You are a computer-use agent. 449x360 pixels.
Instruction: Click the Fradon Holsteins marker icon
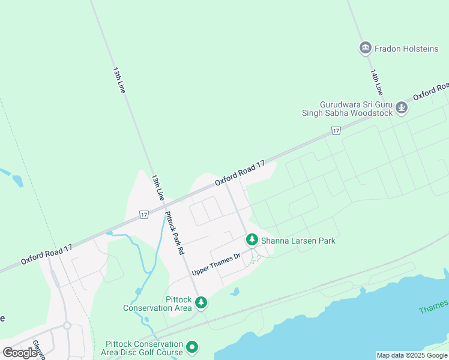click(366, 48)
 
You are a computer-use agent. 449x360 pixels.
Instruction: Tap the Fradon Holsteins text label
click(406, 49)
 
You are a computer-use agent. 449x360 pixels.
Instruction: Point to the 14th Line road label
click(376, 82)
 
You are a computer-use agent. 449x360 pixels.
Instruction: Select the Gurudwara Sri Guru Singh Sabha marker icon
click(402, 108)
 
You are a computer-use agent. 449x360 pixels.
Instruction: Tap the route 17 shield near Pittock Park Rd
click(143, 214)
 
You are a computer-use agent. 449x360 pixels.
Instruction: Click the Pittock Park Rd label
click(173, 234)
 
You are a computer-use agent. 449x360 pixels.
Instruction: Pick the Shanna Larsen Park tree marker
click(252, 240)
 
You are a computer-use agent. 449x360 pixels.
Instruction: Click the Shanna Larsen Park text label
click(297, 241)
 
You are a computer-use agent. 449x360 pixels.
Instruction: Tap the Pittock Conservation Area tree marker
click(202, 302)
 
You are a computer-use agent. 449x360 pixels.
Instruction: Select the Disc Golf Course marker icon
click(192, 347)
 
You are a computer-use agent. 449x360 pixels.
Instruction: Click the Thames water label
click(433, 310)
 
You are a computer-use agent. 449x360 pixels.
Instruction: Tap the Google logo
click(20, 353)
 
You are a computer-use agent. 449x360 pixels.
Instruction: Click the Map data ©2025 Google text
click(412, 355)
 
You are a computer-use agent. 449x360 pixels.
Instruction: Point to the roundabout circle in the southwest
click(67, 326)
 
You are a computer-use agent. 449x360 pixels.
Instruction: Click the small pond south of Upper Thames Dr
click(235, 292)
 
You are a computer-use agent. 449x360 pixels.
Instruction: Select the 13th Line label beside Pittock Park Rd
click(157, 188)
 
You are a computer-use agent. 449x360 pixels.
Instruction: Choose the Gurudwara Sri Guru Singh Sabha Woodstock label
click(348, 109)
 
